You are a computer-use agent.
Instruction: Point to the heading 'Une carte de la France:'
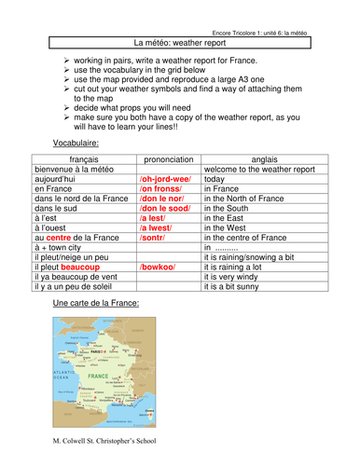click(x=97, y=305)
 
